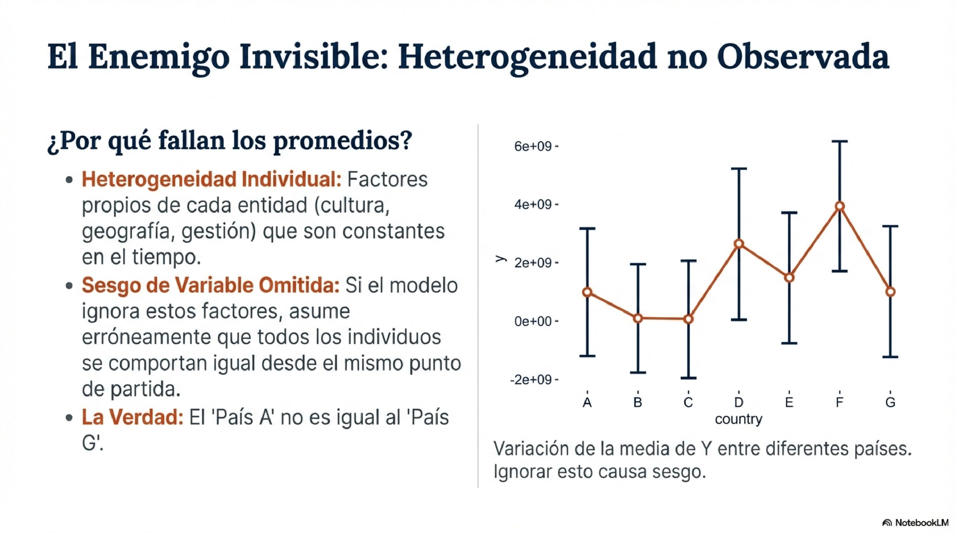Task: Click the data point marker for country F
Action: click(x=840, y=207)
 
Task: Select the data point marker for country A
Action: click(x=587, y=292)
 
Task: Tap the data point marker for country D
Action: click(x=739, y=244)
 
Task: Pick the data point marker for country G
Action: click(x=890, y=292)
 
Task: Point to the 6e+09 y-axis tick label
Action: click(x=533, y=146)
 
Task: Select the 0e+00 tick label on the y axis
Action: click(x=533, y=321)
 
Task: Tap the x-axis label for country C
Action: click(x=688, y=402)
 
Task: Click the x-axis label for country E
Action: click(x=789, y=402)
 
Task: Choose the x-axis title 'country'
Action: click(x=738, y=419)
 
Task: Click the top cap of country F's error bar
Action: click(x=840, y=142)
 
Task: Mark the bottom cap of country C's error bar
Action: click(x=689, y=378)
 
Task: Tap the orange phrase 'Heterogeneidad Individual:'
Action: click(x=211, y=180)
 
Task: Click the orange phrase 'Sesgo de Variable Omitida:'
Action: click(x=210, y=285)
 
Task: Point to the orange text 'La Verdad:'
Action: click(x=132, y=417)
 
